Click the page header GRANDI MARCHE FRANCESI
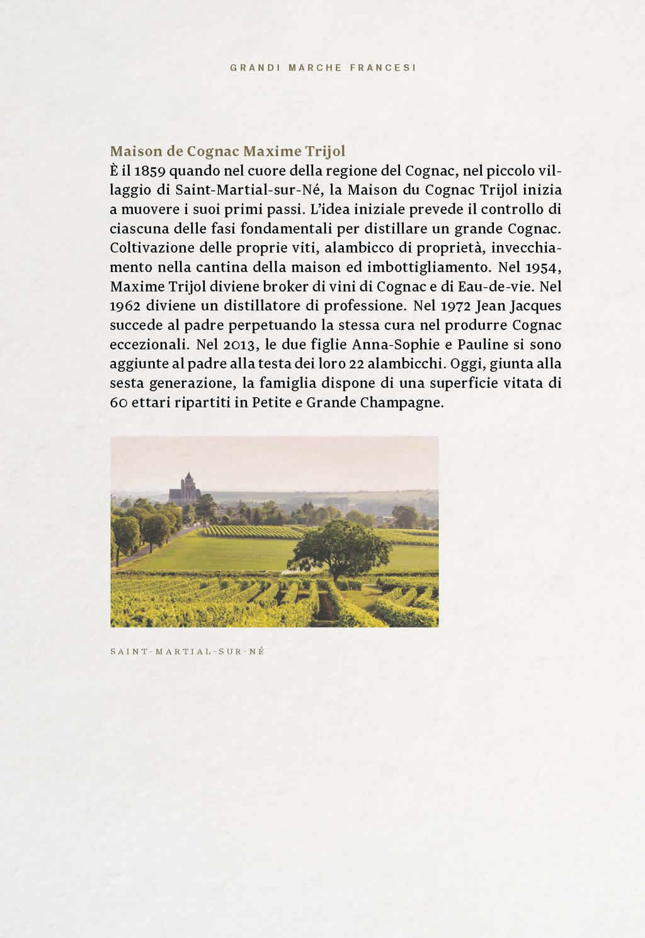(322, 67)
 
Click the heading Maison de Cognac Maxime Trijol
(227, 151)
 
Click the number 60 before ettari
(118, 403)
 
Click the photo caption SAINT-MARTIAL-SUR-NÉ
(187, 651)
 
